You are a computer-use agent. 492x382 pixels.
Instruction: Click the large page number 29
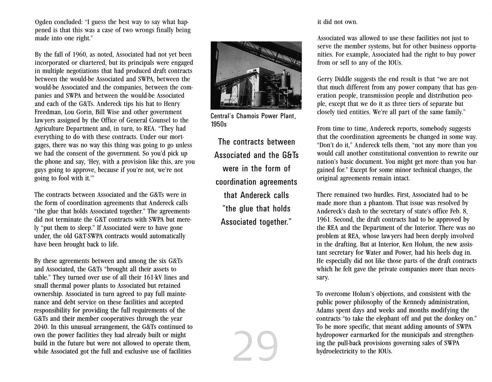click(256, 346)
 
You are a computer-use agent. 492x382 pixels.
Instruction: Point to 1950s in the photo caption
click(218, 124)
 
